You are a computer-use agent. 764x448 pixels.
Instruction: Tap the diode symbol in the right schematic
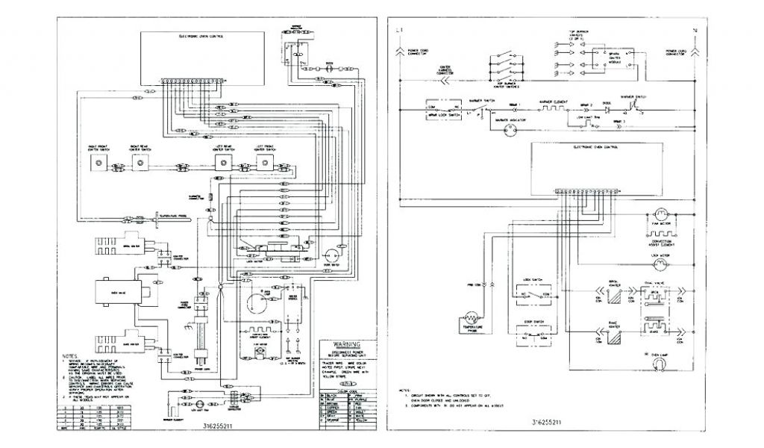[x=606, y=107]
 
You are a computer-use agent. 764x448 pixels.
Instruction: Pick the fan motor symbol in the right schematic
[x=657, y=215]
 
